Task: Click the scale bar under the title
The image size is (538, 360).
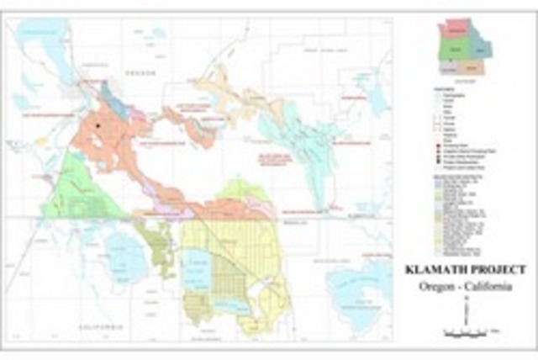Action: click(466, 335)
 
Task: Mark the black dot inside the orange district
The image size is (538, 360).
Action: click(98, 126)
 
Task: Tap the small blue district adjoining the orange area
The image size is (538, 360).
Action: click(112, 99)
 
